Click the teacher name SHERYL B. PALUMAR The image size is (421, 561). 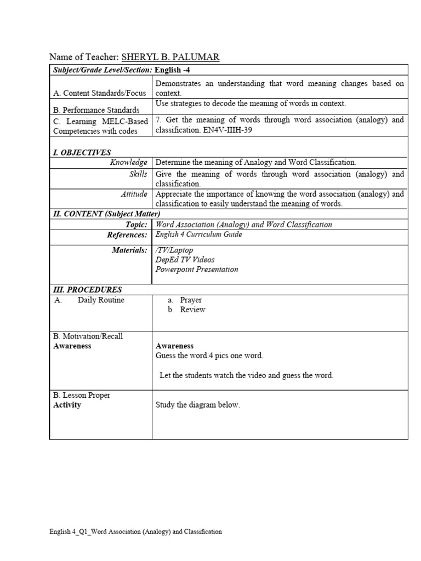tap(170, 57)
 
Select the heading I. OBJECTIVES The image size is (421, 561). tap(82, 152)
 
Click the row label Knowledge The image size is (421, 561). tap(129, 162)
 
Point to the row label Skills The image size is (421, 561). tap(138, 174)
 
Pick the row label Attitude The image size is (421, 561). tap(134, 194)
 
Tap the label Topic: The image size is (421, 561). tap(136, 225)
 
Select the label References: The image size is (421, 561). tap(127, 235)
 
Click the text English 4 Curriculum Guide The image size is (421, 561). tap(198, 234)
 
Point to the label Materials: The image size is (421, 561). tap(129, 250)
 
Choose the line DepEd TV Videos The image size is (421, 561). tap(185, 260)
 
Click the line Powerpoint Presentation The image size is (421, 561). tap(197, 270)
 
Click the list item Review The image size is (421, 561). tap(192, 310)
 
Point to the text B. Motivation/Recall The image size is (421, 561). tap(88, 336)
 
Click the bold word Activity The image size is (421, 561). tap(67, 405)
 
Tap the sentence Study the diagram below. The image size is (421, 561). tap(198, 405)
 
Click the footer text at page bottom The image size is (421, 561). tap(135, 531)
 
